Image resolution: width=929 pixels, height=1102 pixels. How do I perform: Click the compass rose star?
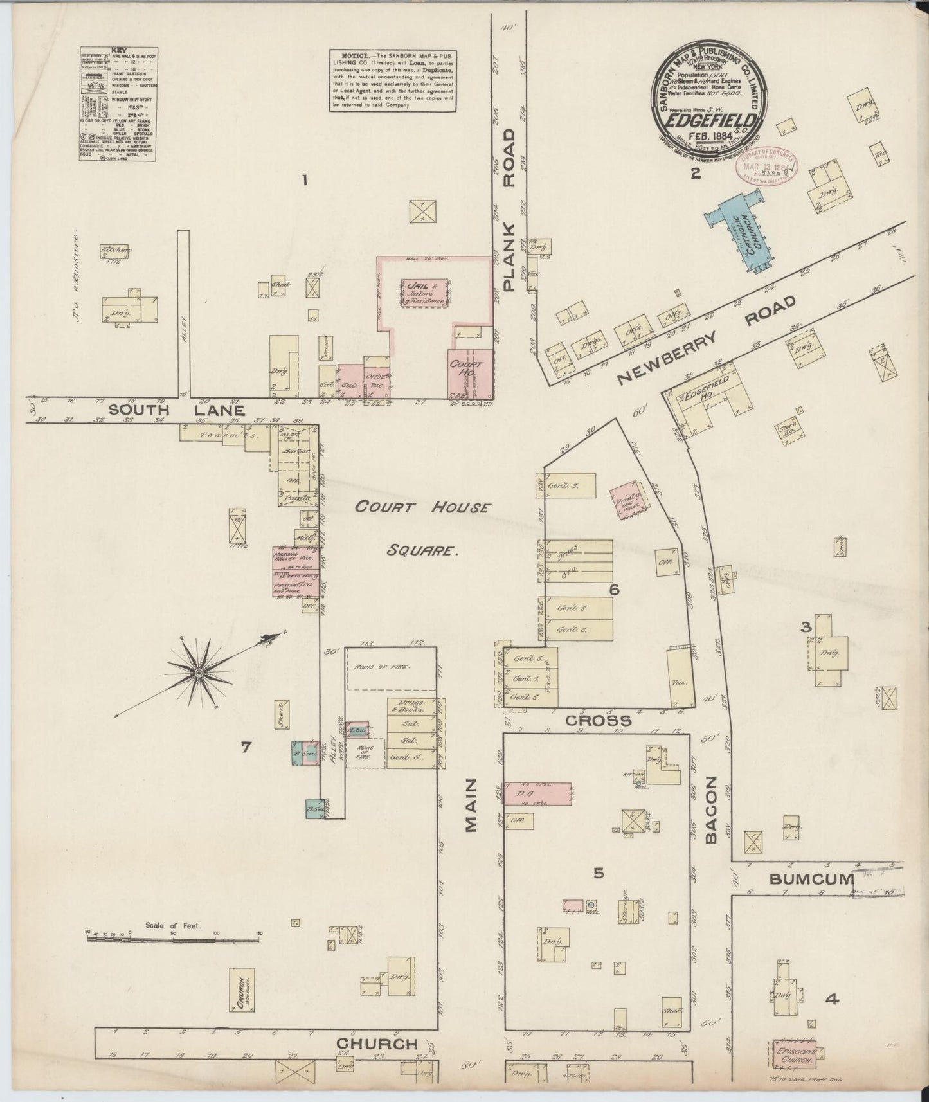(199, 673)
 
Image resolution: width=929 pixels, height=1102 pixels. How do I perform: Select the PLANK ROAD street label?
(509, 210)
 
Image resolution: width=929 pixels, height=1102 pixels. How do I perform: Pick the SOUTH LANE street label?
(177, 410)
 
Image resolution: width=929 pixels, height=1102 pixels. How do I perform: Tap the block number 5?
(598, 872)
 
